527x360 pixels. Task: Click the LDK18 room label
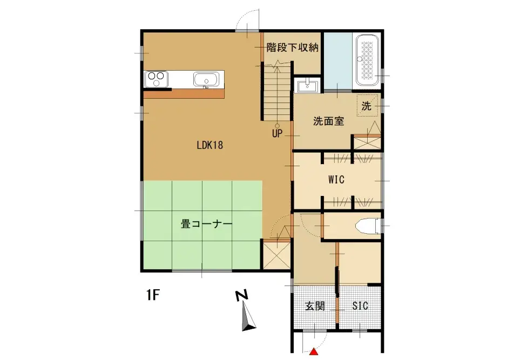(x=210, y=145)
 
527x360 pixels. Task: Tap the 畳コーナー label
(x=206, y=224)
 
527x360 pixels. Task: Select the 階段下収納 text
(x=292, y=47)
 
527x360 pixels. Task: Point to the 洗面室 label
(x=328, y=121)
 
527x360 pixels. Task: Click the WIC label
(x=336, y=180)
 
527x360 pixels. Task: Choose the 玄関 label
(x=315, y=306)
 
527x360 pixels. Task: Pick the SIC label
(x=360, y=306)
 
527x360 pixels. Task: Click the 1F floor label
(x=153, y=295)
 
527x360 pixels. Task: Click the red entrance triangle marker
(x=313, y=354)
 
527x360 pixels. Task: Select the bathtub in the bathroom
(x=367, y=60)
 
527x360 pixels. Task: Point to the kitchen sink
(x=206, y=80)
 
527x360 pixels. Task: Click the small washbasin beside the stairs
(x=307, y=85)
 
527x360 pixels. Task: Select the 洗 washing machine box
(x=367, y=106)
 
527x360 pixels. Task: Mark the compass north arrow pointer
(x=248, y=318)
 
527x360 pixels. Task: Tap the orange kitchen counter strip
(x=184, y=94)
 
